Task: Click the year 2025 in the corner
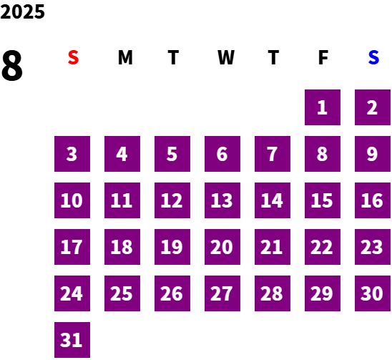click(x=22, y=12)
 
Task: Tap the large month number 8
click(x=12, y=66)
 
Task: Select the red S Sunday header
click(x=73, y=57)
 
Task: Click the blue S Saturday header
click(x=373, y=57)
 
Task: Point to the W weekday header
click(x=226, y=57)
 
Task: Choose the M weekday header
click(x=125, y=57)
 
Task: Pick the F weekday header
click(x=323, y=57)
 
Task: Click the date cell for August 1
click(x=323, y=107)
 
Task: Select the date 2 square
click(x=373, y=107)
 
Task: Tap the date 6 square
click(x=222, y=154)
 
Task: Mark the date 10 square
click(x=72, y=200)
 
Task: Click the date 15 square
click(x=323, y=200)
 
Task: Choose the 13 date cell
click(x=222, y=200)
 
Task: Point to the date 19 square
click(x=172, y=247)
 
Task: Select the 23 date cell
click(x=373, y=247)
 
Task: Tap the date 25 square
click(x=122, y=293)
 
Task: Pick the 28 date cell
click(x=273, y=293)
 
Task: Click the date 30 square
click(x=373, y=293)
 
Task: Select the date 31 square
click(x=72, y=340)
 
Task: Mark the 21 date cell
click(x=273, y=247)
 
